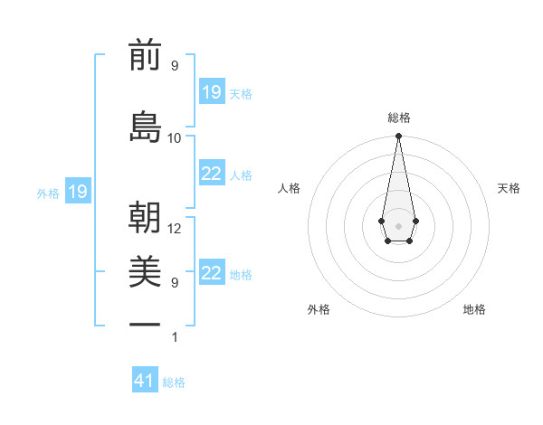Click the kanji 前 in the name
[145, 57]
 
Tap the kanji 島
[145, 127]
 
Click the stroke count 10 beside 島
[175, 137]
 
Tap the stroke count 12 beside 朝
[175, 229]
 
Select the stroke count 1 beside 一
[175, 337]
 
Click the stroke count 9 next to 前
[175, 66]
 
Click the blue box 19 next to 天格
[212, 92]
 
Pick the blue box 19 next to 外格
[77, 192]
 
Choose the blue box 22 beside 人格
[212, 174]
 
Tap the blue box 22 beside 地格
[212, 273]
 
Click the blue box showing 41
[145, 381]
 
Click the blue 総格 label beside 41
[174, 382]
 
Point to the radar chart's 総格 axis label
[398, 118]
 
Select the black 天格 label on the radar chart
[509, 188]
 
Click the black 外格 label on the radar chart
[319, 309]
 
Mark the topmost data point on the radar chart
[398, 137]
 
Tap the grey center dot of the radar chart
[398, 225]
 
